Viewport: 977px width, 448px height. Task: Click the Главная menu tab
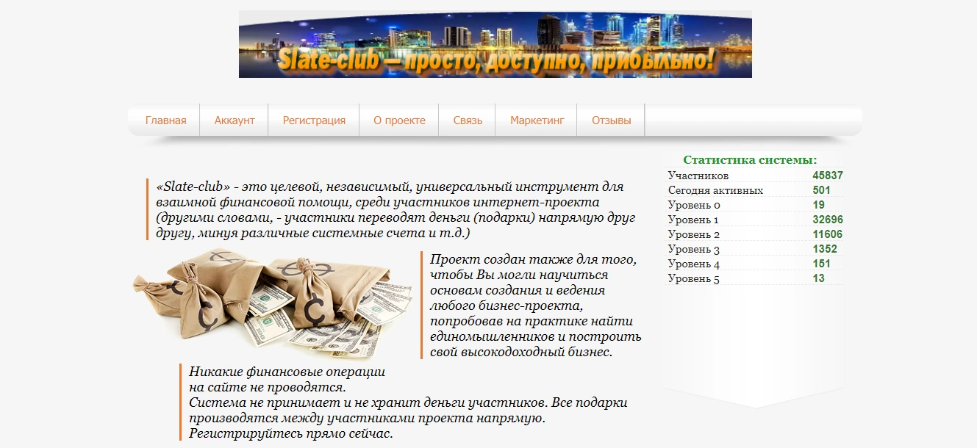[165, 120]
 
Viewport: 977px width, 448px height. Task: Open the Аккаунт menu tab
[235, 120]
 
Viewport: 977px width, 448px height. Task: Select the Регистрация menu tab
[314, 120]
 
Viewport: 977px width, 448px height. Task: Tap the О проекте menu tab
[399, 120]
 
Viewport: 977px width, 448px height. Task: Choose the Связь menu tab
[468, 120]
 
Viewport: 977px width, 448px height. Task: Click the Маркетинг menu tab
[537, 120]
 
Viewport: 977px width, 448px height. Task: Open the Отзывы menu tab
[611, 120]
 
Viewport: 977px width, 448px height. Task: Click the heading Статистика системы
[750, 160]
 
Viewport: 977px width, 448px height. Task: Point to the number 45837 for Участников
[827, 176]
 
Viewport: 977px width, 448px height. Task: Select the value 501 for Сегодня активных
[821, 190]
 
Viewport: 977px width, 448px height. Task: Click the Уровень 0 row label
[693, 205]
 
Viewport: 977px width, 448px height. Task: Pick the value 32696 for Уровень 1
[827, 220]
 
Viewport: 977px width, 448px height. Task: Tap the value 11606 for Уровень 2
[827, 234]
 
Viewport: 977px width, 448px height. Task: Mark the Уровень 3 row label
[693, 249]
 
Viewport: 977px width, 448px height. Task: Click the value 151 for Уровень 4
[821, 264]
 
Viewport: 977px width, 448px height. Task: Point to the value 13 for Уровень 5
[818, 278]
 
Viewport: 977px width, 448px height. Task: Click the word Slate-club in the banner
[329, 59]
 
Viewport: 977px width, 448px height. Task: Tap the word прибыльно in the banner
[647, 59]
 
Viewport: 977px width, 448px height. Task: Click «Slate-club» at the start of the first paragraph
[193, 187]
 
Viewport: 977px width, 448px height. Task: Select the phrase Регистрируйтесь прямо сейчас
[290, 433]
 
